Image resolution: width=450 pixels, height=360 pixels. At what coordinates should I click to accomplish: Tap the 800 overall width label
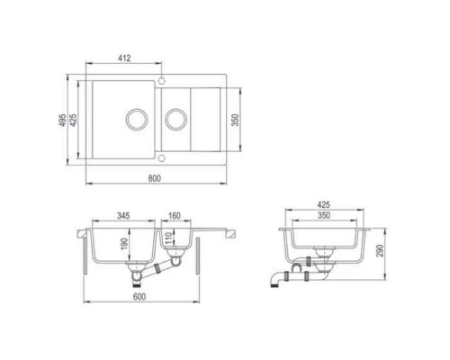[x=154, y=176]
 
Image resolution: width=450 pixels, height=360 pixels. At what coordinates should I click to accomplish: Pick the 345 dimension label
[x=124, y=217]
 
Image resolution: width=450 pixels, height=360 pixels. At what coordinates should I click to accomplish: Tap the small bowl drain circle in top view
[x=175, y=118]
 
